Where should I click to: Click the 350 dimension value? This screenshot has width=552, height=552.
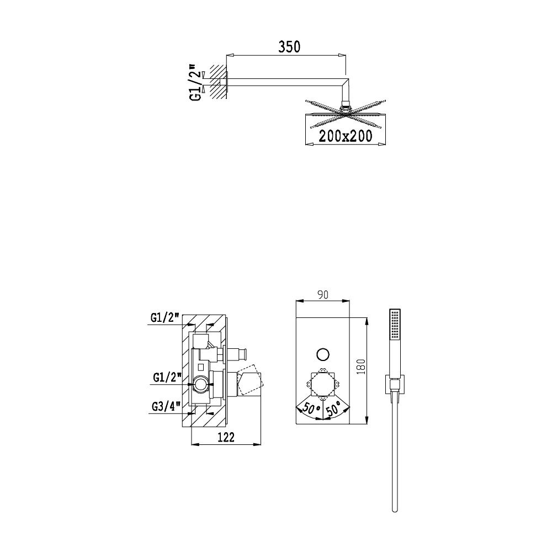[x=289, y=47]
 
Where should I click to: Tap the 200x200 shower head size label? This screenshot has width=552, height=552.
[x=346, y=136]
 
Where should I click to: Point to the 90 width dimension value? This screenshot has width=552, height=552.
[x=322, y=294]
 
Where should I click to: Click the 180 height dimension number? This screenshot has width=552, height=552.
[x=362, y=367]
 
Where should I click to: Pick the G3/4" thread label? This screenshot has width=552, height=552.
[x=167, y=407]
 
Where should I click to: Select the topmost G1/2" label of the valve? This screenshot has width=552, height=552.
[x=165, y=318]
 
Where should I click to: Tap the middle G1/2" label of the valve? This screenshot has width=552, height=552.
[x=167, y=378]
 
